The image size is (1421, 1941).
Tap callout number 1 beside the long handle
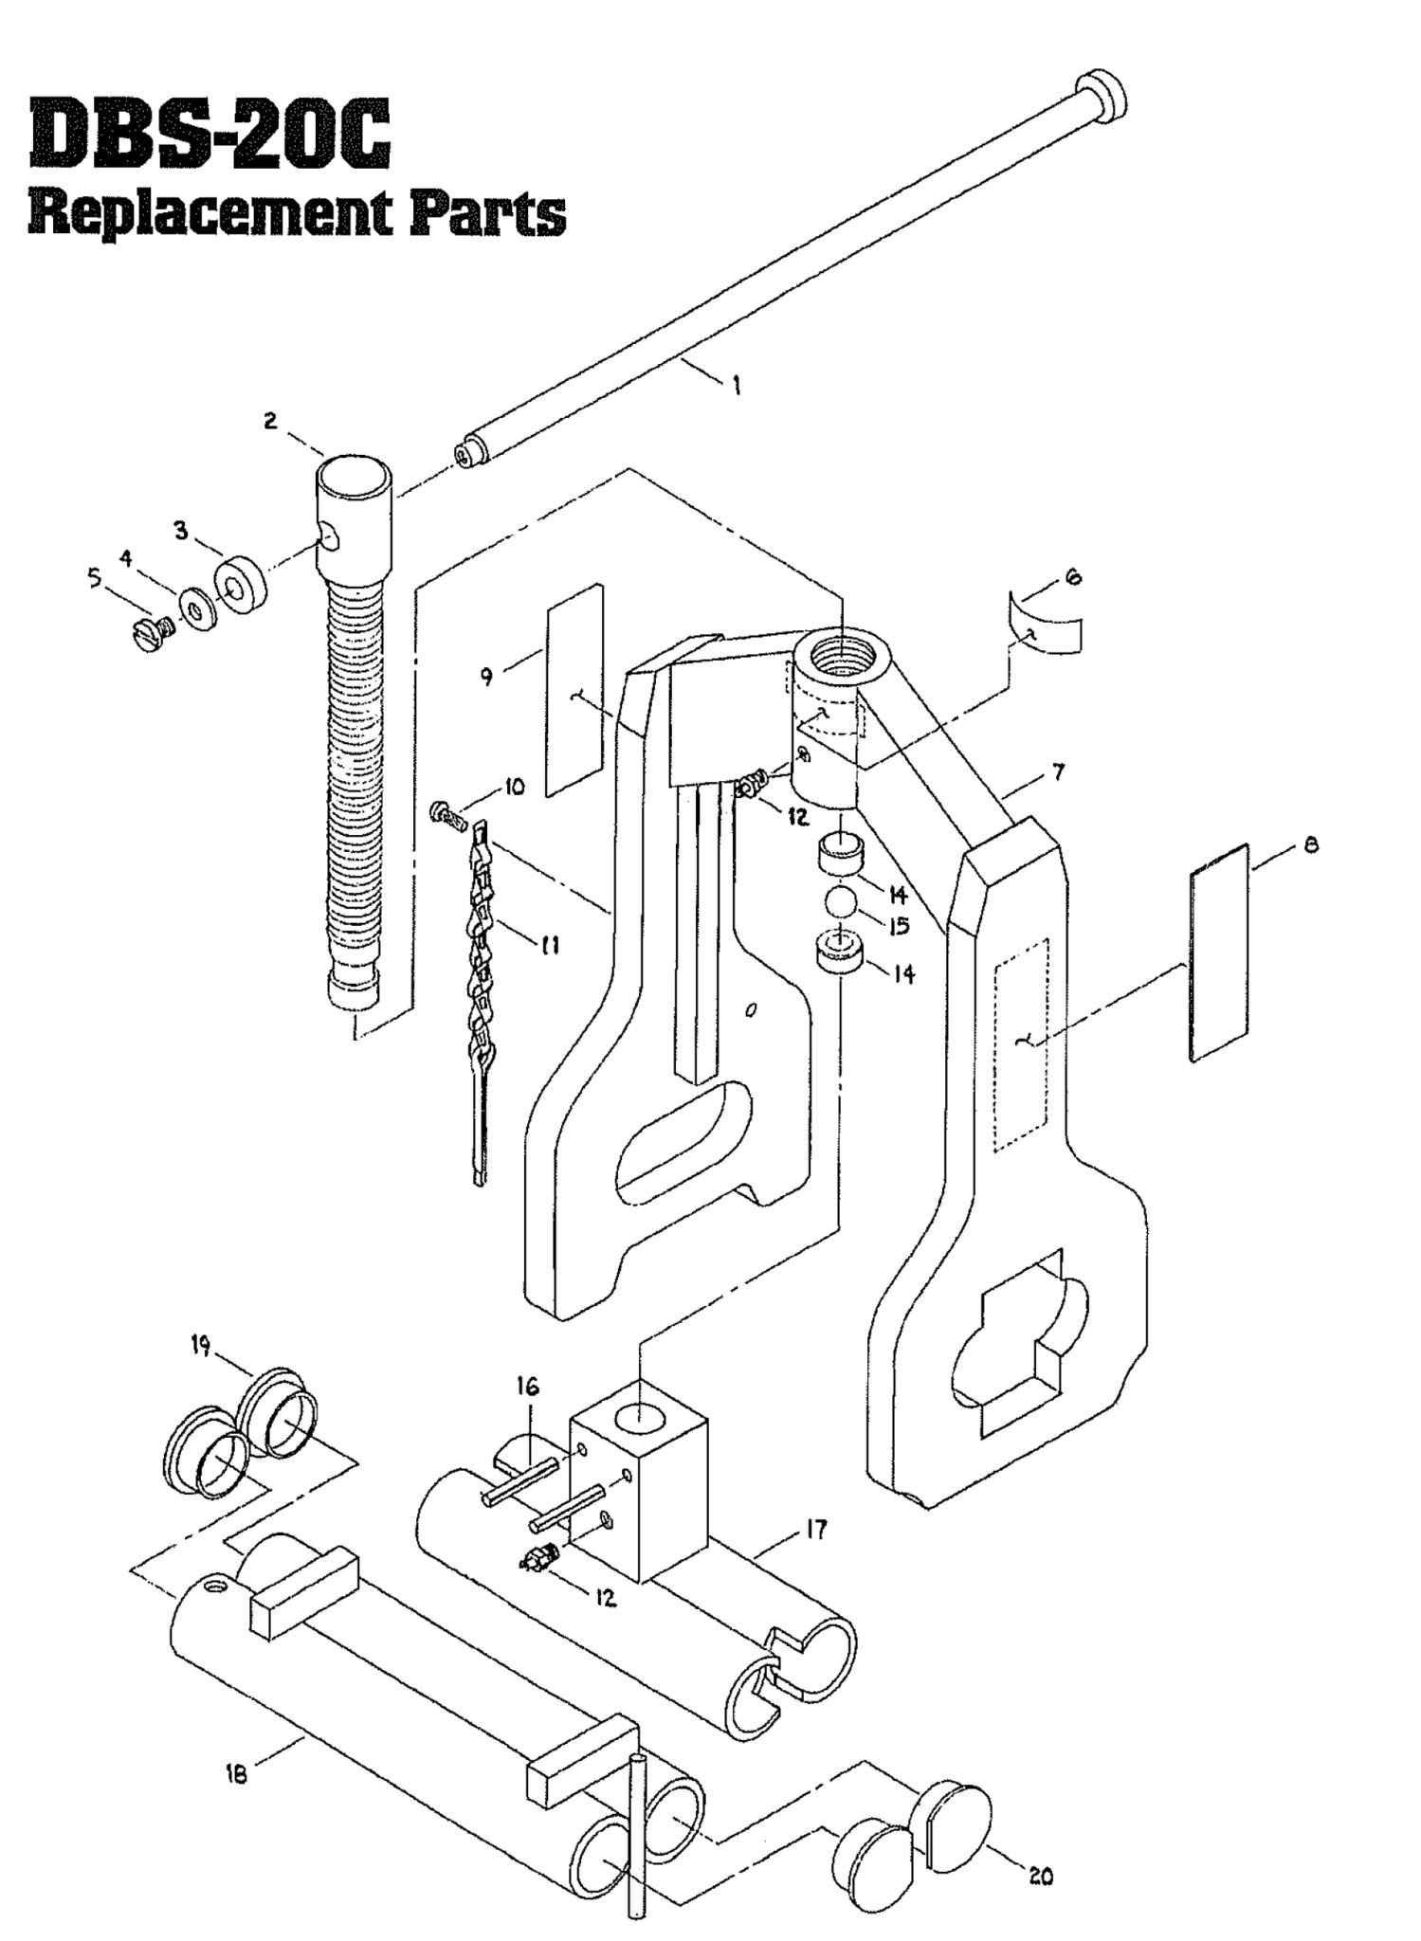pos(737,386)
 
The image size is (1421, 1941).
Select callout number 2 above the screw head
pos(271,422)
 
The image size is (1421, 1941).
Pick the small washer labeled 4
pos(197,611)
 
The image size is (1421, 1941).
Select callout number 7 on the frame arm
pos(1058,772)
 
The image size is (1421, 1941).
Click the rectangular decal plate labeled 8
pos(1218,952)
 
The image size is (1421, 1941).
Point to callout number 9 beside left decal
pos(486,677)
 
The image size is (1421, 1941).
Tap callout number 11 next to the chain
pos(550,944)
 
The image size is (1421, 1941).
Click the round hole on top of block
pos(641,1419)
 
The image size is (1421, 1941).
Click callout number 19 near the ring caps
pos(201,1347)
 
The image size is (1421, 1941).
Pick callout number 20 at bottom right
pos(1040,1877)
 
